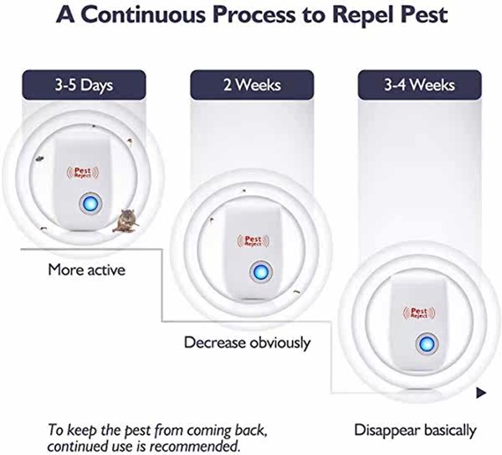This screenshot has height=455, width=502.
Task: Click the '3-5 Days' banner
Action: coord(84,85)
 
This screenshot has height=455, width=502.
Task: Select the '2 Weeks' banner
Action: coord(252,85)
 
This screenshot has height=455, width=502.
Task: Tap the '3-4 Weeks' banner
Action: coord(419,85)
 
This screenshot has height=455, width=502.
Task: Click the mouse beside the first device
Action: coord(125,220)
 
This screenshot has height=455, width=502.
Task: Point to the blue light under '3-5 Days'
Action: coord(90,204)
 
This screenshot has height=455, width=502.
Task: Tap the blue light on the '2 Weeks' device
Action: coord(261,271)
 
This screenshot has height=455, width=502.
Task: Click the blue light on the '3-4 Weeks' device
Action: coord(427,344)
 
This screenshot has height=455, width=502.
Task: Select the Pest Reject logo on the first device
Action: coord(83,173)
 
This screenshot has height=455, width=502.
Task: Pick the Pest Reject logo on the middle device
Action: coord(253,240)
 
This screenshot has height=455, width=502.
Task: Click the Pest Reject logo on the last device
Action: coord(419,313)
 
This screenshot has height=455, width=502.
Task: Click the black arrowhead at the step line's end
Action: coord(481,393)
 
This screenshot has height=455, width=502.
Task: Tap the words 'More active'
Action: coord(86,270)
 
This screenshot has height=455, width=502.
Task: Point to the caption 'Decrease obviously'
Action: coord(247,343)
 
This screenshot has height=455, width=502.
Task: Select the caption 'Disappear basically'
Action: coord(415,431)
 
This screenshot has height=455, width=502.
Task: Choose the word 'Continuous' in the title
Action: coord(143,14)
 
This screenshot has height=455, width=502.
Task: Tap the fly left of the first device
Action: coord(39,158)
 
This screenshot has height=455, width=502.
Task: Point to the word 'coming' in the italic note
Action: coord(210,431)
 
